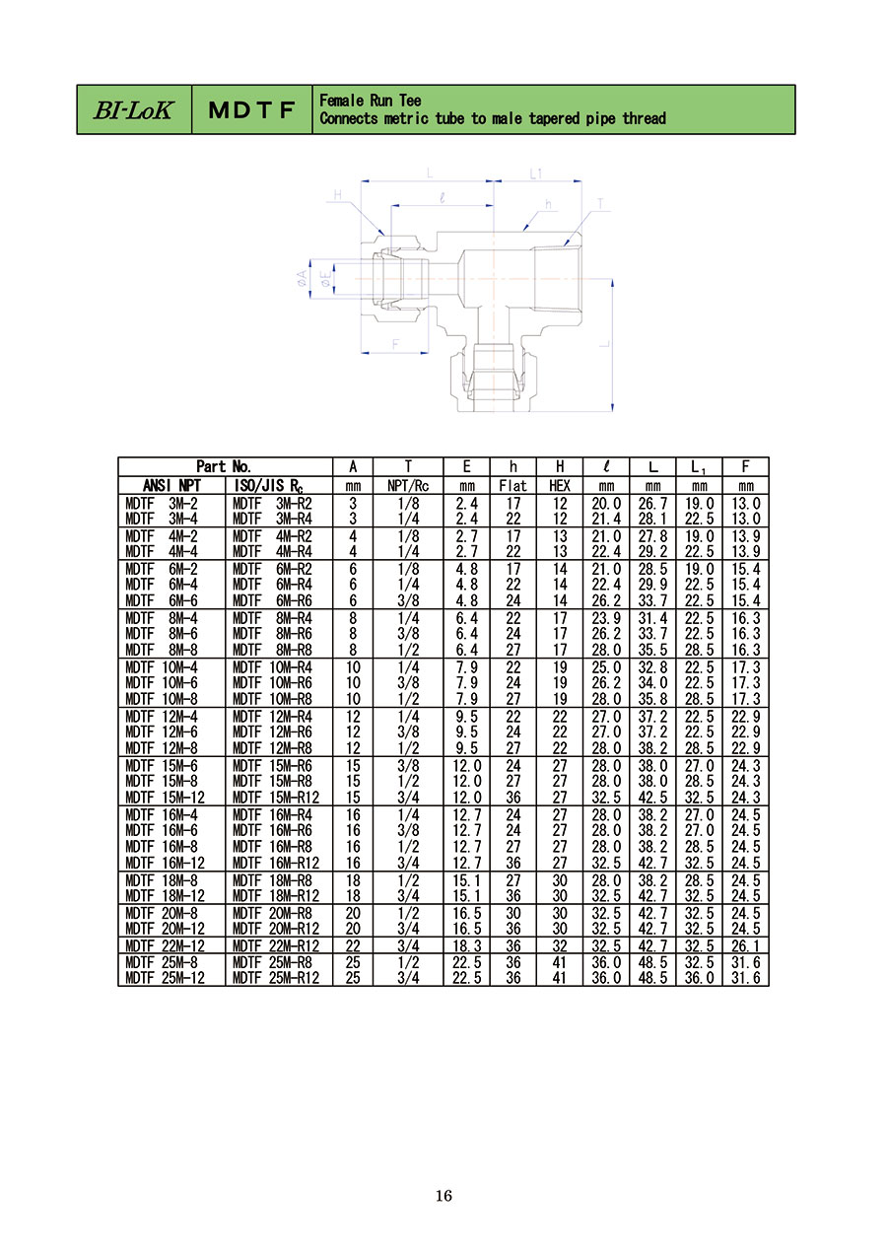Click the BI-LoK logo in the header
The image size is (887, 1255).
coord(133,109)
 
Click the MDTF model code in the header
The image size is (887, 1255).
coord(251,110)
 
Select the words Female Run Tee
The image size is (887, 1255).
coord(371,101)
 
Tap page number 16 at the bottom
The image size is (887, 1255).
coord(443,1196)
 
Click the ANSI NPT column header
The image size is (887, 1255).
coord(171,485)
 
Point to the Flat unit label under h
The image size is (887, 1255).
coord(512,486)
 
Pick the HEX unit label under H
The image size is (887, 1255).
coord(560,486)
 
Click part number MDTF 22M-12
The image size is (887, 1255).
coord(166,946)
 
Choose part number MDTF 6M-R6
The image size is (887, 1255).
coord(272,600)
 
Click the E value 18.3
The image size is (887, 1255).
coord(466,946)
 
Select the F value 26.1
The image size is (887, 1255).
coord(745,946)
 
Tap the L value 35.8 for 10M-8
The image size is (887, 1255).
coord(652,699)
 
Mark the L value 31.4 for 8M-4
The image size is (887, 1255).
coord(652,618)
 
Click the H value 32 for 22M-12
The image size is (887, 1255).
coord(560,946)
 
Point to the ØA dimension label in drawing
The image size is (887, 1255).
coord(302,278)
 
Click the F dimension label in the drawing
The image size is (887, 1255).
coord(395,343)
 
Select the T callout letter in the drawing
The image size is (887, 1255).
coord(601,204)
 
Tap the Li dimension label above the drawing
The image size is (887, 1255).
coord(536,174)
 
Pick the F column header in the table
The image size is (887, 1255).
coord(745,466)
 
